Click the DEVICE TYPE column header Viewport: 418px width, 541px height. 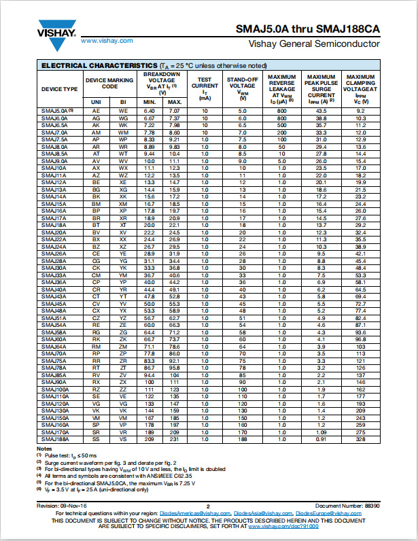click(x=60, y=89)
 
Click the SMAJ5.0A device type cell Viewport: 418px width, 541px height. click(x=57, y=111)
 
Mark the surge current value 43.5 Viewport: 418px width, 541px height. click(x=321, y=111)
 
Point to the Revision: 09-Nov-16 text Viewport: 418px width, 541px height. click(x=60, y=505)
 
